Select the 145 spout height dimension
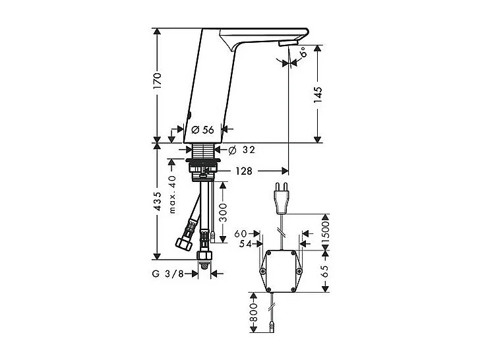[x=318, y=95]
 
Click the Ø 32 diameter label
[x=245, y=150]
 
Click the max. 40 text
[x=173, y=195]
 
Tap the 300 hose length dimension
[x=222, y=210]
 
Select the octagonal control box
[x=282, y=270]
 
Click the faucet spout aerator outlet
[x=284, y=44]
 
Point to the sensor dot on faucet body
[x=189, y=114]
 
